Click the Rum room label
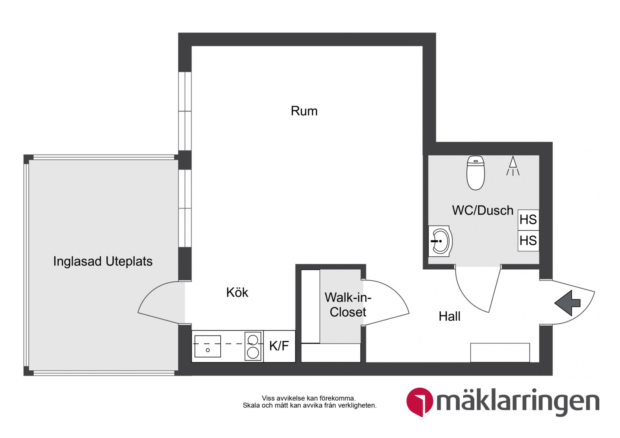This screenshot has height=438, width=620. pos(304,111)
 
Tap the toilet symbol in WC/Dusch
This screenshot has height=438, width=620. pos(476,173)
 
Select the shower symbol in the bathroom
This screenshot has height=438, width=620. pos(513,166)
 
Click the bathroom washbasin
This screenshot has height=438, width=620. pos(440,241)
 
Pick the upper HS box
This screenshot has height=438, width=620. pos(528,220)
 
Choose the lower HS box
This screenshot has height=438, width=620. pos(528,241)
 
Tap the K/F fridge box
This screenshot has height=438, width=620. pos(279,346)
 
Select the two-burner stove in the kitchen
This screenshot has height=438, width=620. pos(253,346)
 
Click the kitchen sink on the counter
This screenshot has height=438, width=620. pos(208,346)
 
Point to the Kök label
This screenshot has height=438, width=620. pos(237,292)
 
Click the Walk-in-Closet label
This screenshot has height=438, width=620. pos(348,305)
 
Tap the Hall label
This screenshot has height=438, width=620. pos(450,316)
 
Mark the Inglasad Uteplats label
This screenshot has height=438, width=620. pos(103,262)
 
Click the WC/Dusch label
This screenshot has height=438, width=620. pos(483,210)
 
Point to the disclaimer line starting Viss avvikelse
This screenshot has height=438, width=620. pos(309,398)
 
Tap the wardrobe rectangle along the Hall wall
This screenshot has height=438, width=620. pos(500,352)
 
